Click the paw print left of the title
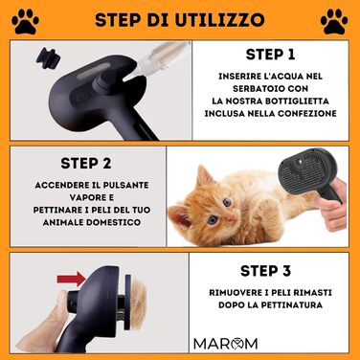pos(25,21)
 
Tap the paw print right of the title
pos(334,21)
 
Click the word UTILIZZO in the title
pos(220,20)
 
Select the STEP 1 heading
pos(270,55)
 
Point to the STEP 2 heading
pos(86,163)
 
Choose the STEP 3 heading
pos(265,271)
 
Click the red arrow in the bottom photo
pos(72,280)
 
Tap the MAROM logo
pos(225,344)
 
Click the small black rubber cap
pos(48,58)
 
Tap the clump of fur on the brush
pos(138,302)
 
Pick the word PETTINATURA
pos(292,304)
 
